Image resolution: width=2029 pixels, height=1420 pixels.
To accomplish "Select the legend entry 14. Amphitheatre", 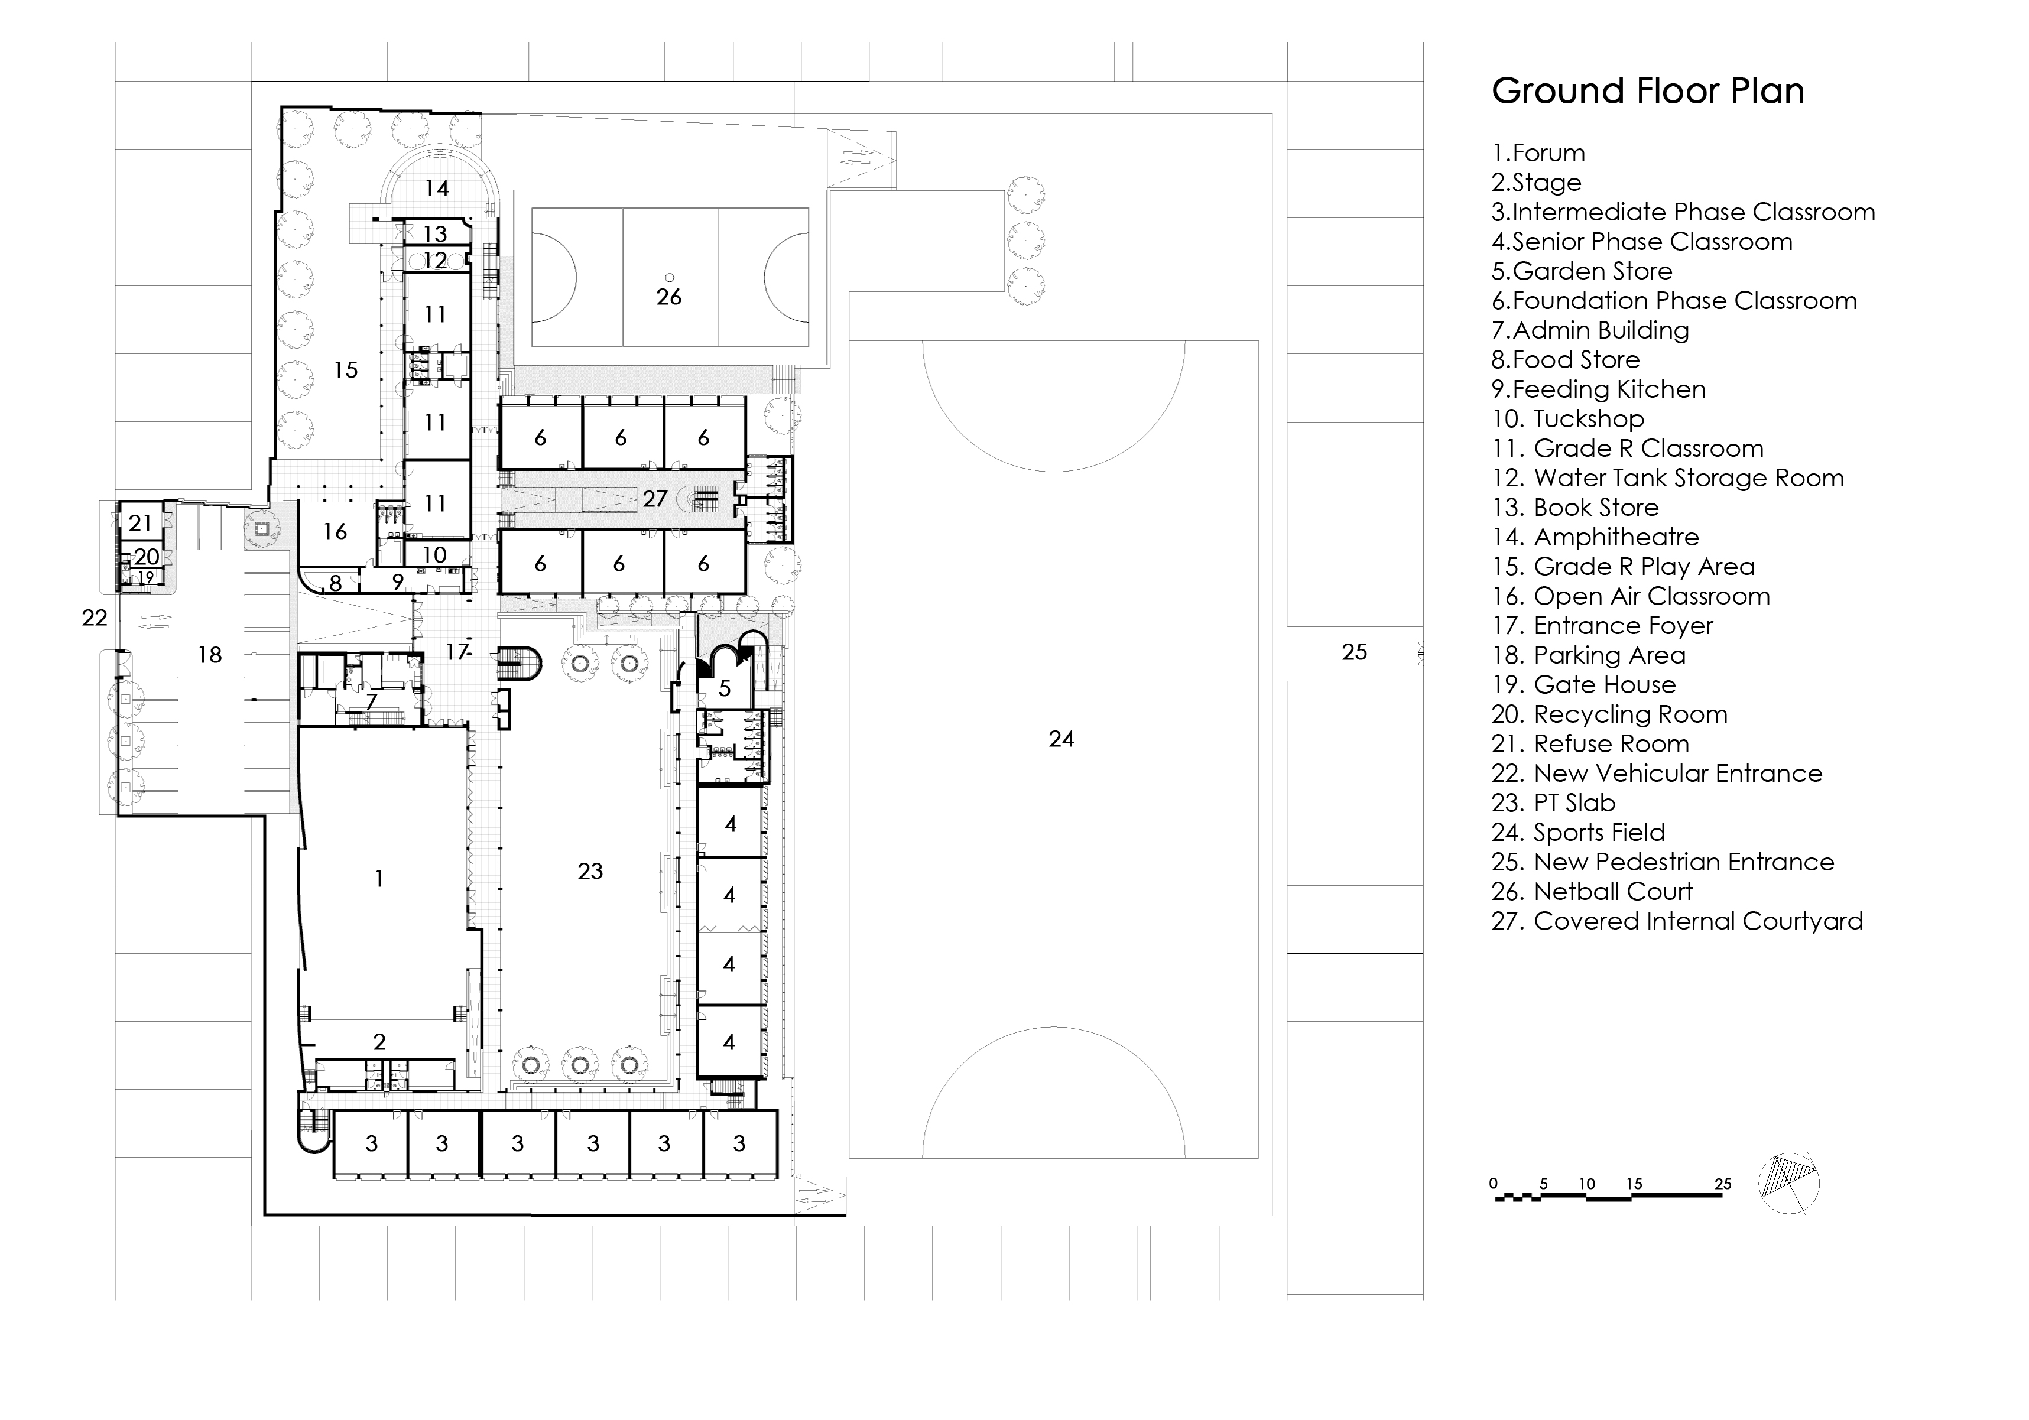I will pos(1595,537).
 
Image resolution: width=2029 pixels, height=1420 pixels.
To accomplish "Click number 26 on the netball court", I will pos(669,297).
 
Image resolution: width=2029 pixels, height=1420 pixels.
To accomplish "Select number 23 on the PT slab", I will pos(590,871).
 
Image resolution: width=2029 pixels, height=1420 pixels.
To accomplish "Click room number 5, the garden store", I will pos(725,688).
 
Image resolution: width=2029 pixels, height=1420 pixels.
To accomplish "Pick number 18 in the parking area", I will pos(209,655).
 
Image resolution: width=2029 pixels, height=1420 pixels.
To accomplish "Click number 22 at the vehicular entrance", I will pos(95,618).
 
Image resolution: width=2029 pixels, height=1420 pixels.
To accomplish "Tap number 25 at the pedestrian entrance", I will pos(1354,652).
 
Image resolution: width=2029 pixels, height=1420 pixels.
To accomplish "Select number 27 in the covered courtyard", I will pos(655,499).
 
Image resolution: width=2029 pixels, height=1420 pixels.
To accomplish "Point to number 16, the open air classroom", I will pos(335,531).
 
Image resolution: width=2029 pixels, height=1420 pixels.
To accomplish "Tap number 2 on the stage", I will pos(379,1042).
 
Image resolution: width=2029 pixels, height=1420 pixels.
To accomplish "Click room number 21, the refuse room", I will pos(141,523).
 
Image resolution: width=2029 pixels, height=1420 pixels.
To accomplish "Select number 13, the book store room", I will pos(435,234).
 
